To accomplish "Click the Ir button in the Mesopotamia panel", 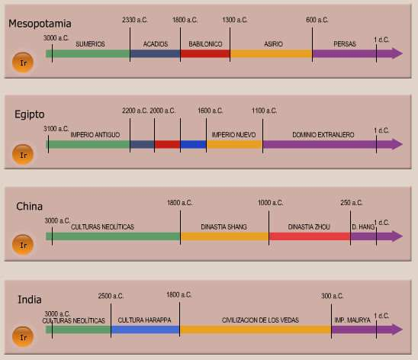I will pyautogui.click(x=24, y=63).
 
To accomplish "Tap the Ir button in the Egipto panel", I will pyautogui.click(x=24, y=154).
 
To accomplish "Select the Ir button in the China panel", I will pyautogui.click(x=24, y=245).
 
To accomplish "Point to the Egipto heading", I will pyautogui.click(x=30, y=114).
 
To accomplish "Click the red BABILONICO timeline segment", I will pyautogui.click(x=205, y=53).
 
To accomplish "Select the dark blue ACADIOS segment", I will pyautogui.click(x=155, y=53).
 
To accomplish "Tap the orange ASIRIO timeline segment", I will pyautogui.click(x=271, y=53).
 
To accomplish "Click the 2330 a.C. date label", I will pyautogui.click(x=135, y=19).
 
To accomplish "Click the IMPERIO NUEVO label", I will pyautogui.click(x=233, y=135).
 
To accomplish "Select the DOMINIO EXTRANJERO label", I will pyautogui.click(x=323, y=135).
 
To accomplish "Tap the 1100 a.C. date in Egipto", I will pyautogui.click(x=264, y=111).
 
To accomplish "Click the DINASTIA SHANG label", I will pyautogui.click(x=223, y=227).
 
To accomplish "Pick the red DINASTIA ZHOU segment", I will pyautogui.click(x=309, y=236).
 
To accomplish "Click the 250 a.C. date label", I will pyautogui.click(x=351, y=202).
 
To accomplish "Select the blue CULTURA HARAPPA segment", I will pyautogui.click(x=145, y=329).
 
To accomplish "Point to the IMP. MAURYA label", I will pyautogui.click(x=352, y=320).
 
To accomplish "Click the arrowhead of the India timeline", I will pyautogui.click(x=396, y=329).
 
